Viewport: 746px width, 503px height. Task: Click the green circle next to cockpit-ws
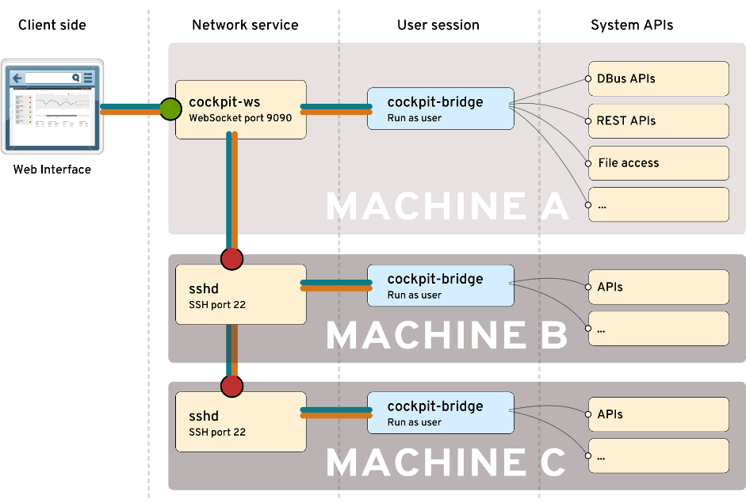coord(170,109)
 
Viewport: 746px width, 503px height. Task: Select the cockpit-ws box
coord(240,110)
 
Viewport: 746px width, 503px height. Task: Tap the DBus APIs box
coord(658,79)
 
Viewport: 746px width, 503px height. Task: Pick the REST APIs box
coord(658,121)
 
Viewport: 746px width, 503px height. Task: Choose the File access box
coord(658,163)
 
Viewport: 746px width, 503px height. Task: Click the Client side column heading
coord(52,25)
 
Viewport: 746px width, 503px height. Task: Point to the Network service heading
coord(245,25)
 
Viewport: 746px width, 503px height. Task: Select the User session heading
coord(438,25)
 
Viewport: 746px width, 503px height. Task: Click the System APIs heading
coord(631,25)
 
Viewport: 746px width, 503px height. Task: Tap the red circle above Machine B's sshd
coord(231,258)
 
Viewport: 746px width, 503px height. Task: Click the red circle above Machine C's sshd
coord(231,386)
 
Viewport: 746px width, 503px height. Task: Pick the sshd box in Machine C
coord(240,422)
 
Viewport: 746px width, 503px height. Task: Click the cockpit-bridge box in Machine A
coord(440,109)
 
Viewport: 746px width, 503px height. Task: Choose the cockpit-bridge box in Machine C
coord(440,413)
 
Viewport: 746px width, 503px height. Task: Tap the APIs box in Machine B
coord(658,288)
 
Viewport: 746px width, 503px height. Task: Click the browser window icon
coord(52,106)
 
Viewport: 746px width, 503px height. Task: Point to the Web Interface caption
coord(52,170)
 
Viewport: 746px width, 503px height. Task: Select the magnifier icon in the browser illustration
coord(76,78)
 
